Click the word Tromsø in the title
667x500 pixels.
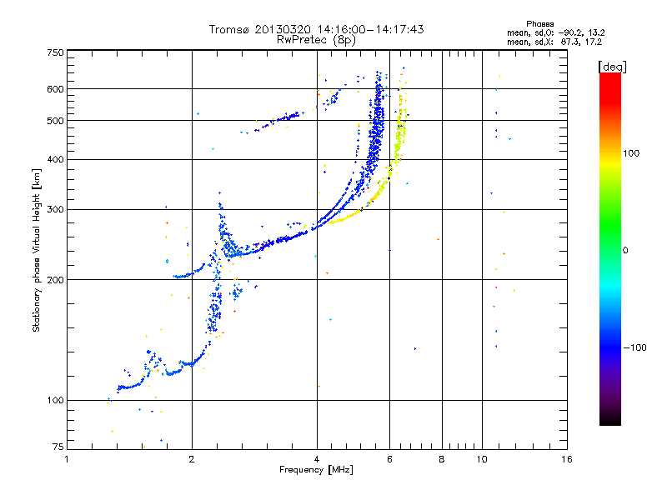(230, 29)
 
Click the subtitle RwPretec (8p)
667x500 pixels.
(316, 40)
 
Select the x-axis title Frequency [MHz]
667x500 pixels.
(316, 470)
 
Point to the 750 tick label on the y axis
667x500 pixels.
(55, 52)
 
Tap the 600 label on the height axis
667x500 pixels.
(55, 89)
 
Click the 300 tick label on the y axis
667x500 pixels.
(55, 209)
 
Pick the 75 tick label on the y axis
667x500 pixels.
(58, 447)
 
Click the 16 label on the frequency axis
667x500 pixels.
(566, 459)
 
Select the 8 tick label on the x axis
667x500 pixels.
(442, 459)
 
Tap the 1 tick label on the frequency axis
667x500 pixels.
(67, 459)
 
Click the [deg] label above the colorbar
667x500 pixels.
(612, 67)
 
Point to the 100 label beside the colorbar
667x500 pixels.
(631, 153)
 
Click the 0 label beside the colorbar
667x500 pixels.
(625, 251)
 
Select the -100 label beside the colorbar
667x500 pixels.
(635, 347)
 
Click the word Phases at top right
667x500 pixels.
(539, 24)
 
